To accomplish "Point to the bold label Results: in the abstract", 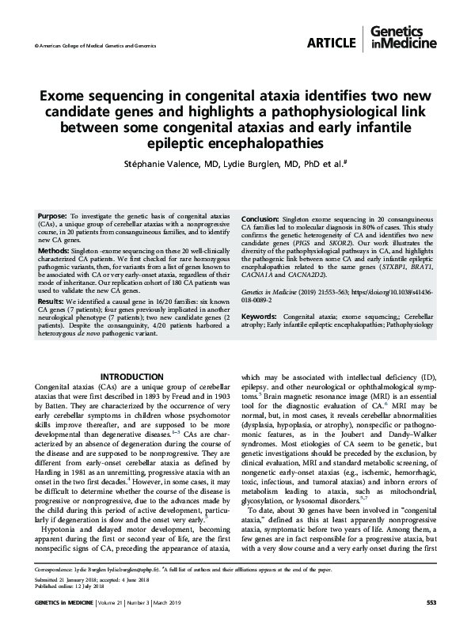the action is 52,302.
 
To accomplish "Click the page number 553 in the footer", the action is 431,603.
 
